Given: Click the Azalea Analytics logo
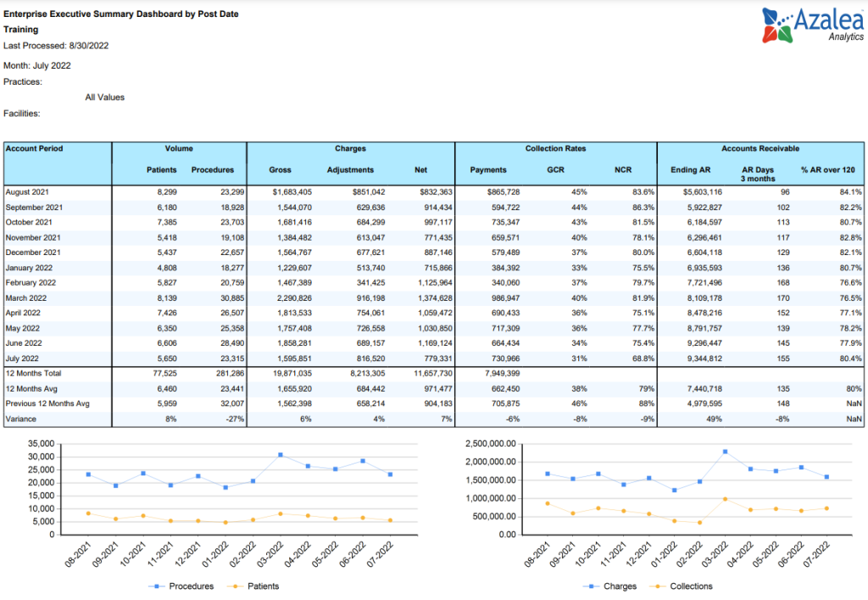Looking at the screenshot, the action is point(812,25).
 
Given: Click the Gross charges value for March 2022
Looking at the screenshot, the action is point(294,297).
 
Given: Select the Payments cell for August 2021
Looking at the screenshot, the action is point(504,192).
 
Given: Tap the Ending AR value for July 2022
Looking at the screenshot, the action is point(704,358).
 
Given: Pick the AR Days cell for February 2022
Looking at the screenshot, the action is point(782,283).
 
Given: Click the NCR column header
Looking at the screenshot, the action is point(623,170).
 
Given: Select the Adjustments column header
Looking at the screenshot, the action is point(350,170).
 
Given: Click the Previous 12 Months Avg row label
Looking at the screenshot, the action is point(47,403).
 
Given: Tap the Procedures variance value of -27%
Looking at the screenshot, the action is point(236,419).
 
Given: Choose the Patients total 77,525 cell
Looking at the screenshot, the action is point(165,374).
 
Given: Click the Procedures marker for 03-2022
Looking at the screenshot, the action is point(281,455).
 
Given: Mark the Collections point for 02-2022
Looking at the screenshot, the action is point(699,523).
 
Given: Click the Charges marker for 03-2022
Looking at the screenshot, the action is point(726,452).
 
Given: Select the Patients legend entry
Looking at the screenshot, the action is point(253,586).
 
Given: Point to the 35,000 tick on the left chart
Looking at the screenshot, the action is point(41,444).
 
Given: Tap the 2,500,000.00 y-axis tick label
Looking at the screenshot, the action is point(491,444).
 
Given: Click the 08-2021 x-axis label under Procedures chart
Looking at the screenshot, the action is point(78,554).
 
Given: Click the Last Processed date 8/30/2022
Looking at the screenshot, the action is point(88,46).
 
